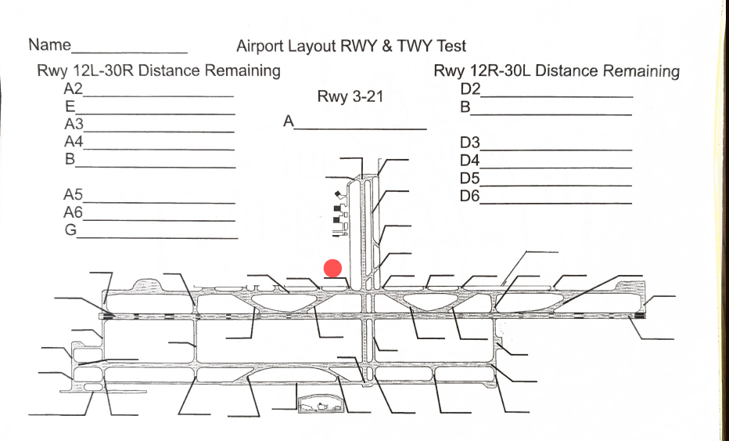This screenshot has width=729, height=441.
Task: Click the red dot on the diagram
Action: pos(333,269)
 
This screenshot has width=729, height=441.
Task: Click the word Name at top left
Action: pos(49,45)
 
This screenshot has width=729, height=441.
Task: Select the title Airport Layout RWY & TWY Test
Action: pos(350,46)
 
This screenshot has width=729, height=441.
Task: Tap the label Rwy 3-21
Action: pos(349,97)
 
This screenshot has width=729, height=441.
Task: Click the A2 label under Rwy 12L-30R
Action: pos(74,89)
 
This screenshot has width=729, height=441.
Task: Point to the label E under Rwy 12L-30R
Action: pos(70,107)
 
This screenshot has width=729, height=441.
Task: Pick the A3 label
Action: pos(74,125)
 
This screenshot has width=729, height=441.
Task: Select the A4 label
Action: pos(74,142)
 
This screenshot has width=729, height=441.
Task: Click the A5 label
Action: pos(74,195)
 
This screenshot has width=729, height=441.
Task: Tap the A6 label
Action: pos(74,212)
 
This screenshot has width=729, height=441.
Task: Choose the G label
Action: pos(70,230)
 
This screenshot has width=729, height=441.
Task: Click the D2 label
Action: pos(470,89)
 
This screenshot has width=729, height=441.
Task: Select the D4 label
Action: pos(470,161)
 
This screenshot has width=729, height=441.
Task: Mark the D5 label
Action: pos(470,178)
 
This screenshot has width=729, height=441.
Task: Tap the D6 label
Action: pos(470,195)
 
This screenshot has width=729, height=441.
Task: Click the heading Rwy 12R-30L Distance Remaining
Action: pos(556,71)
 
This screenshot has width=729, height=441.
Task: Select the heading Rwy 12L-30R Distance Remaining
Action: pos(159,70)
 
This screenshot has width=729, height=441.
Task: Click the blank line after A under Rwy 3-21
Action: pos(361,127)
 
